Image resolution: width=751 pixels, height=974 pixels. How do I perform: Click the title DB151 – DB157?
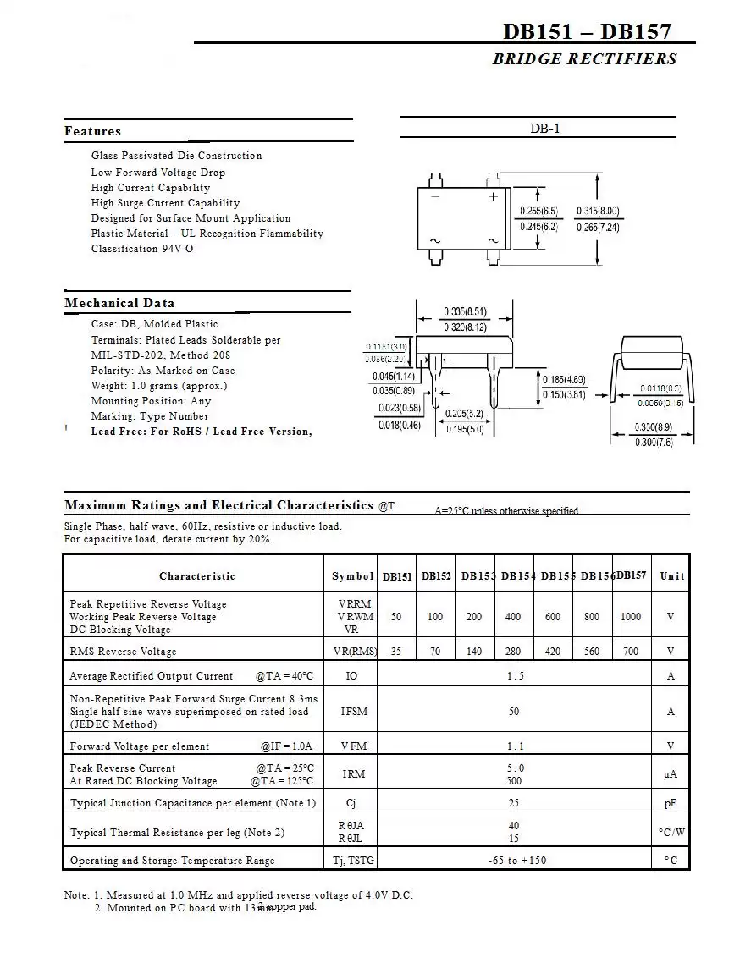587,31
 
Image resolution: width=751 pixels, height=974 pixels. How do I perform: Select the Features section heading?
92,131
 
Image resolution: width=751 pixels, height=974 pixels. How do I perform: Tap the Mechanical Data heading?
119,303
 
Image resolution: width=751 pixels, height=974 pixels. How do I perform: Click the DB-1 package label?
545,129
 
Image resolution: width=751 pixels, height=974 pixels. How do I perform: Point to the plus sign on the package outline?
494,196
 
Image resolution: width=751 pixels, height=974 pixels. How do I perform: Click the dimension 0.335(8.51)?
465,311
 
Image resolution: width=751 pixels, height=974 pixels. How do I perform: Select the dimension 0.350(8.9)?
654,428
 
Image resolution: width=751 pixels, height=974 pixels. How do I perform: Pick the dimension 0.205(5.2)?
465,414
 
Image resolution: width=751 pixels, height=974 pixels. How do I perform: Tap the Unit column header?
672,576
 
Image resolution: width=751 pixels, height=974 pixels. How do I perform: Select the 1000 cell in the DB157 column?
631,617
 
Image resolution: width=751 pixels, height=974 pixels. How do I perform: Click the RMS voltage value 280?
513,652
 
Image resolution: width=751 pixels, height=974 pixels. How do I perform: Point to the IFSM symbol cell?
354,712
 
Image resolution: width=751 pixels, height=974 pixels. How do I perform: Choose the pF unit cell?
671,803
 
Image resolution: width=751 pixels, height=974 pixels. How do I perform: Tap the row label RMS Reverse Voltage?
124,652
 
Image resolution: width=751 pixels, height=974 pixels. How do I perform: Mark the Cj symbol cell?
351,803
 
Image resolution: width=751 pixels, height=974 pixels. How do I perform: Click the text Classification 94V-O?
142,249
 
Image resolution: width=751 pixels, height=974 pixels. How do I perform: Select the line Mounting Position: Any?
152,401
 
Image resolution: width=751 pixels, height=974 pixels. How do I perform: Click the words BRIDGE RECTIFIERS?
584,59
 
